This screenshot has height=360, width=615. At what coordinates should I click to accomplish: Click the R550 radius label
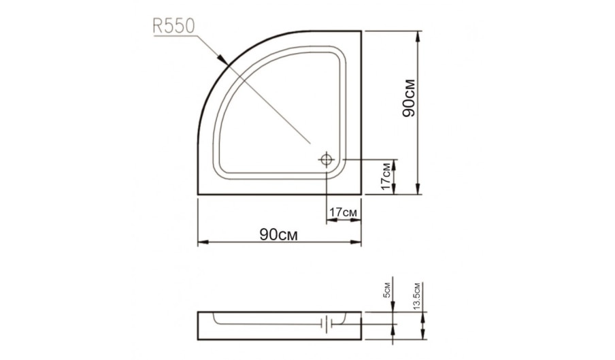[x=173, y=27]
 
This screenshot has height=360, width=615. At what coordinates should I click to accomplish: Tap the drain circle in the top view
[x=327, y=160]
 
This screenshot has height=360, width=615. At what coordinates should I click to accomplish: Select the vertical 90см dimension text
[x=409, y=99]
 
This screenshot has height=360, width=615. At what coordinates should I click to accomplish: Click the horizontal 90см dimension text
[x=278, y=235]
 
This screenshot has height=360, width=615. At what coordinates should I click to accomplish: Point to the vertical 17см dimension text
[x=387, y=176]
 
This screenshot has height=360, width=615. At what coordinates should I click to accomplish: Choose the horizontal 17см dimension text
[x=343, y=212]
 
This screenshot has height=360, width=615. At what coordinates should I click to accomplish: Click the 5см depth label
[x=386, y=290]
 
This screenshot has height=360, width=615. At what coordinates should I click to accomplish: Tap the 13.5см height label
[x=416, y=297]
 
